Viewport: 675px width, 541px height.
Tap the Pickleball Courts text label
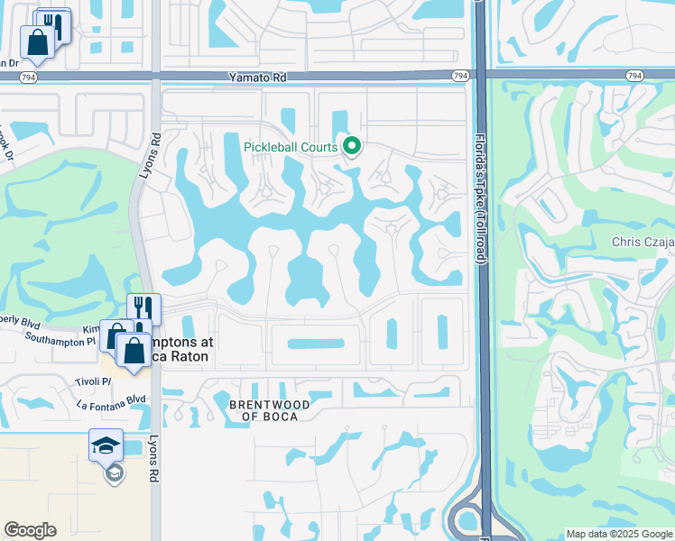291,147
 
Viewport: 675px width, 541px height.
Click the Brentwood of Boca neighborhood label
269,411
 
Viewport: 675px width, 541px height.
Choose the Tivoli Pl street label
93,381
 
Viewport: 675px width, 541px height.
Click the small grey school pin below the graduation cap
115,472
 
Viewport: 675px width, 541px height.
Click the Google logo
30,530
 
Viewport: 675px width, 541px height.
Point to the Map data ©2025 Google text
618,534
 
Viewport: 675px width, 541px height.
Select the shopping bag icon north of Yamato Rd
37,41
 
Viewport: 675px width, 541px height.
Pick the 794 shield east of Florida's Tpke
635,76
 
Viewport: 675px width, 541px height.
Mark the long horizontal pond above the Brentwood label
315,344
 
